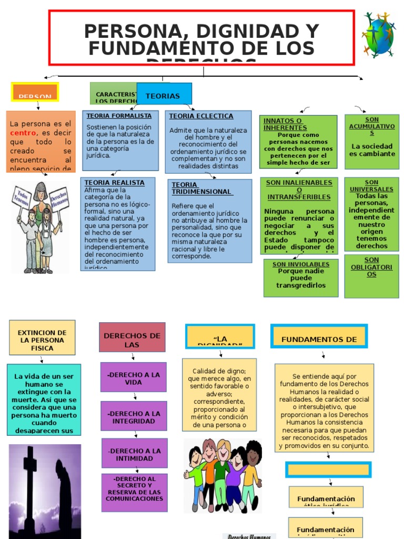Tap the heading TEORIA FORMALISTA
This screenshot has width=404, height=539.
point(119,116)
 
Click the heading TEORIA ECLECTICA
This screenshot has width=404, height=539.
point(201,116)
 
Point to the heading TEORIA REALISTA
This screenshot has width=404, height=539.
point(115,183)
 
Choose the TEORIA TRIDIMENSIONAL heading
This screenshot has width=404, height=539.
point(201,188)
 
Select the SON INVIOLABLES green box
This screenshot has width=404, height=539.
point(300,278)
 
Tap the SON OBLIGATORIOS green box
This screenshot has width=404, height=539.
point(371,276)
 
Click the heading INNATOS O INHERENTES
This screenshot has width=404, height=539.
point(285,124)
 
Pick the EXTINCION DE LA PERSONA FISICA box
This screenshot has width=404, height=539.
point(42,337)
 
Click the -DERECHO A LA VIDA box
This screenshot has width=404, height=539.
point(133,377)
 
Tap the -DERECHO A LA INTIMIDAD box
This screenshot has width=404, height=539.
point(134,453)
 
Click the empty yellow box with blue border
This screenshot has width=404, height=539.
point(328,470)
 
